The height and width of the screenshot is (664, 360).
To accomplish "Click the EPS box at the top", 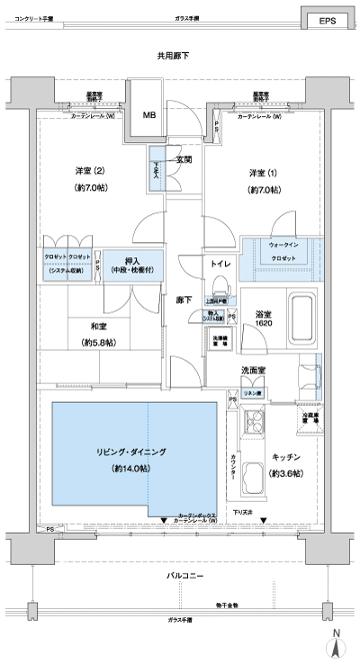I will [326, 22].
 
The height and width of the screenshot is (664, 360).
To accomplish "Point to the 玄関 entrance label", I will [184, 159].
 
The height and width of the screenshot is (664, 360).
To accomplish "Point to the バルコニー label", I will [185, 574].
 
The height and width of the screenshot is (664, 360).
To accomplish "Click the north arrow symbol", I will [335, 643].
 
